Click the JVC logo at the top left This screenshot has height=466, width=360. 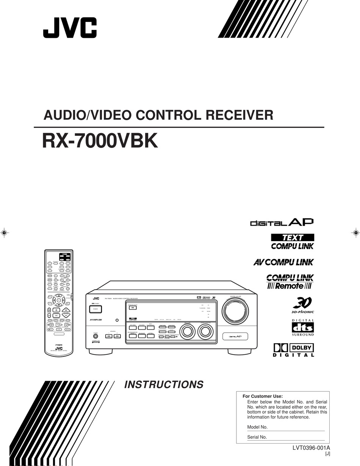[x=70, y=28]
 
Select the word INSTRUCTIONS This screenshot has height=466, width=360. [x=164, y=384]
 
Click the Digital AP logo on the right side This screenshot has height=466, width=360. [x=282, y=222]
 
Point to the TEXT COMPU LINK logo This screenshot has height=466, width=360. [x=292, y=242]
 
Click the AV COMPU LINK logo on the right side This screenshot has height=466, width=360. [x=283, y=262]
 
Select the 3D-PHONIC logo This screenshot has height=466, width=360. [x=303, y=305]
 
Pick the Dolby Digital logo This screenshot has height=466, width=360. [x=294, y=350]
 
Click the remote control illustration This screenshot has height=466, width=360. [x=59, y=301]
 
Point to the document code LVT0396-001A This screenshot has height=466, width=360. [x=311, y=448]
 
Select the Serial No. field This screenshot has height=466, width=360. [x=296, y=437]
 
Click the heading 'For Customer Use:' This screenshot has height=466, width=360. [x=263, y=396]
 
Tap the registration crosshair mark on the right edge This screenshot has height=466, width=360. [x=355, y=232]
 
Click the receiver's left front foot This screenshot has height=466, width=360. [x=95, y=351]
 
